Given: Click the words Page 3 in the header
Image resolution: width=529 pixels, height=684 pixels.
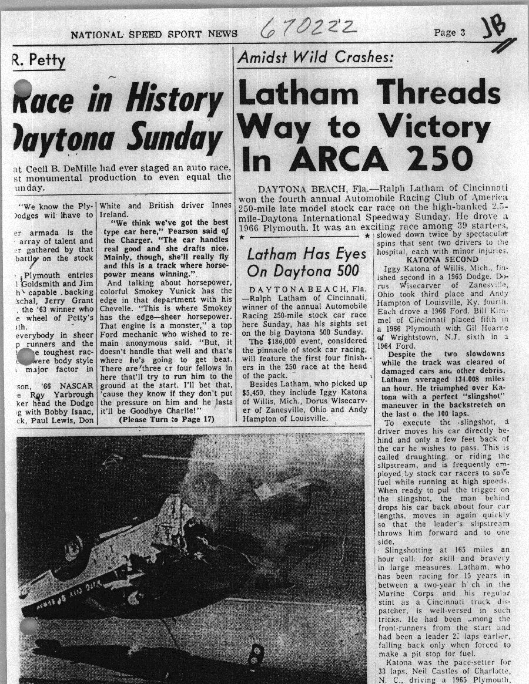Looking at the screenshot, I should [450, 33].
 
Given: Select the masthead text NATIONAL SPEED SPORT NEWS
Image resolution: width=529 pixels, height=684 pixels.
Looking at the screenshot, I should [154, 35].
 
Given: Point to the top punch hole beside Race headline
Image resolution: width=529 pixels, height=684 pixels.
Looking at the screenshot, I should [22, 88].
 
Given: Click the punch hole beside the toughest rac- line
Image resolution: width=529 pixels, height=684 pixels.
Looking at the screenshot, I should [26, 356].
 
